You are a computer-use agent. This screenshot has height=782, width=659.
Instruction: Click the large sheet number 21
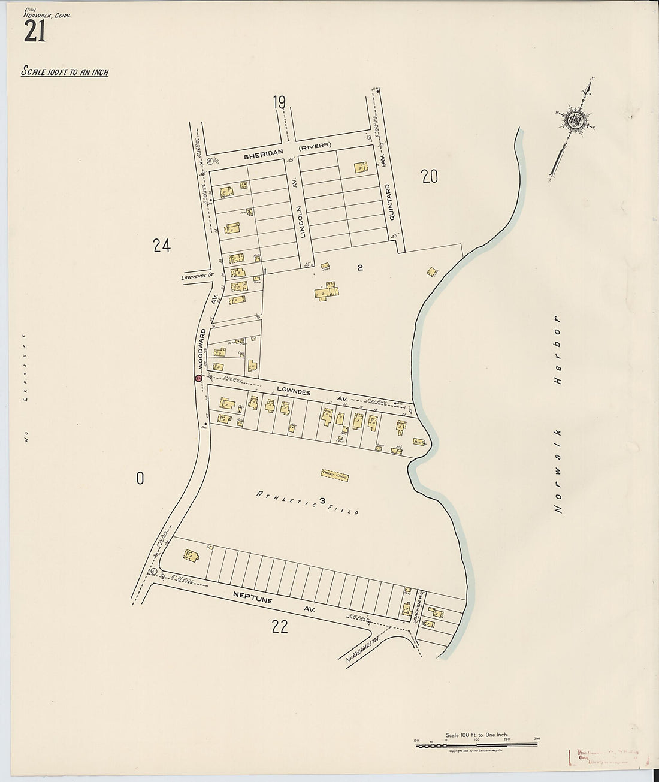(x=35, y=32)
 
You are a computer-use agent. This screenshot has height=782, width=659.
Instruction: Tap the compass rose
(x=576, y=120)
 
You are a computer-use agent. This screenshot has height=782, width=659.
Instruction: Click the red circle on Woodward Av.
(x=198, y=378)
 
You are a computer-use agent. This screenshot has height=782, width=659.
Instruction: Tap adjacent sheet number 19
(x=279, y=103)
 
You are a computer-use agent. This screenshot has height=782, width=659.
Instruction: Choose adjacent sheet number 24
(x=162, y=246)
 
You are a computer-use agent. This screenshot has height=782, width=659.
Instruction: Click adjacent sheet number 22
(x=280, y=627)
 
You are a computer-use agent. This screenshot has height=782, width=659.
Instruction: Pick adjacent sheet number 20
(x=430, y=177)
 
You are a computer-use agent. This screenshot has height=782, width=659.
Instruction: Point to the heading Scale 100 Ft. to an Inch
(x=65, y=72)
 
